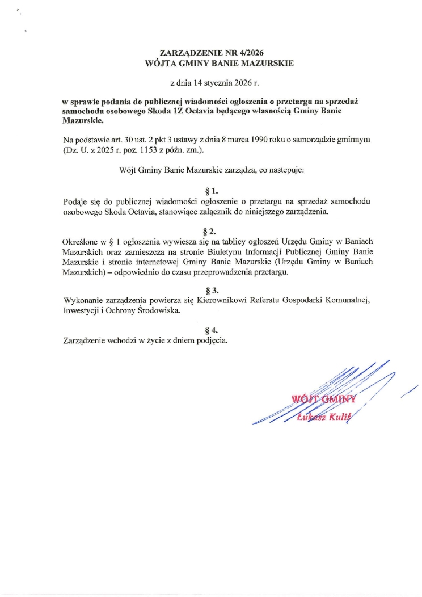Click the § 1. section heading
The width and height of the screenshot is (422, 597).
click(210, 192)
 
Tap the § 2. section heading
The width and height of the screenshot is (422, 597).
click(210, 231)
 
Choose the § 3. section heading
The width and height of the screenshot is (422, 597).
click(210, 290)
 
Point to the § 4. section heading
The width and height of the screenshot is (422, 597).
click(210, 330)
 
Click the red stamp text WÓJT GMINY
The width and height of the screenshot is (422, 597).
click(322, 399)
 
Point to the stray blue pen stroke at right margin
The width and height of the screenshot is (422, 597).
click(410, 392)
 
